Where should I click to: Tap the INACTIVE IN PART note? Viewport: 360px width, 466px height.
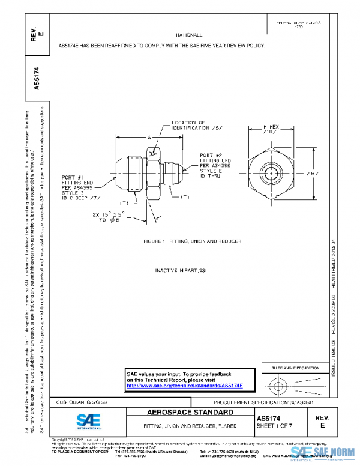[180, 270]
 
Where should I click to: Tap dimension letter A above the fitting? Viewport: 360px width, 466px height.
[149, 138]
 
